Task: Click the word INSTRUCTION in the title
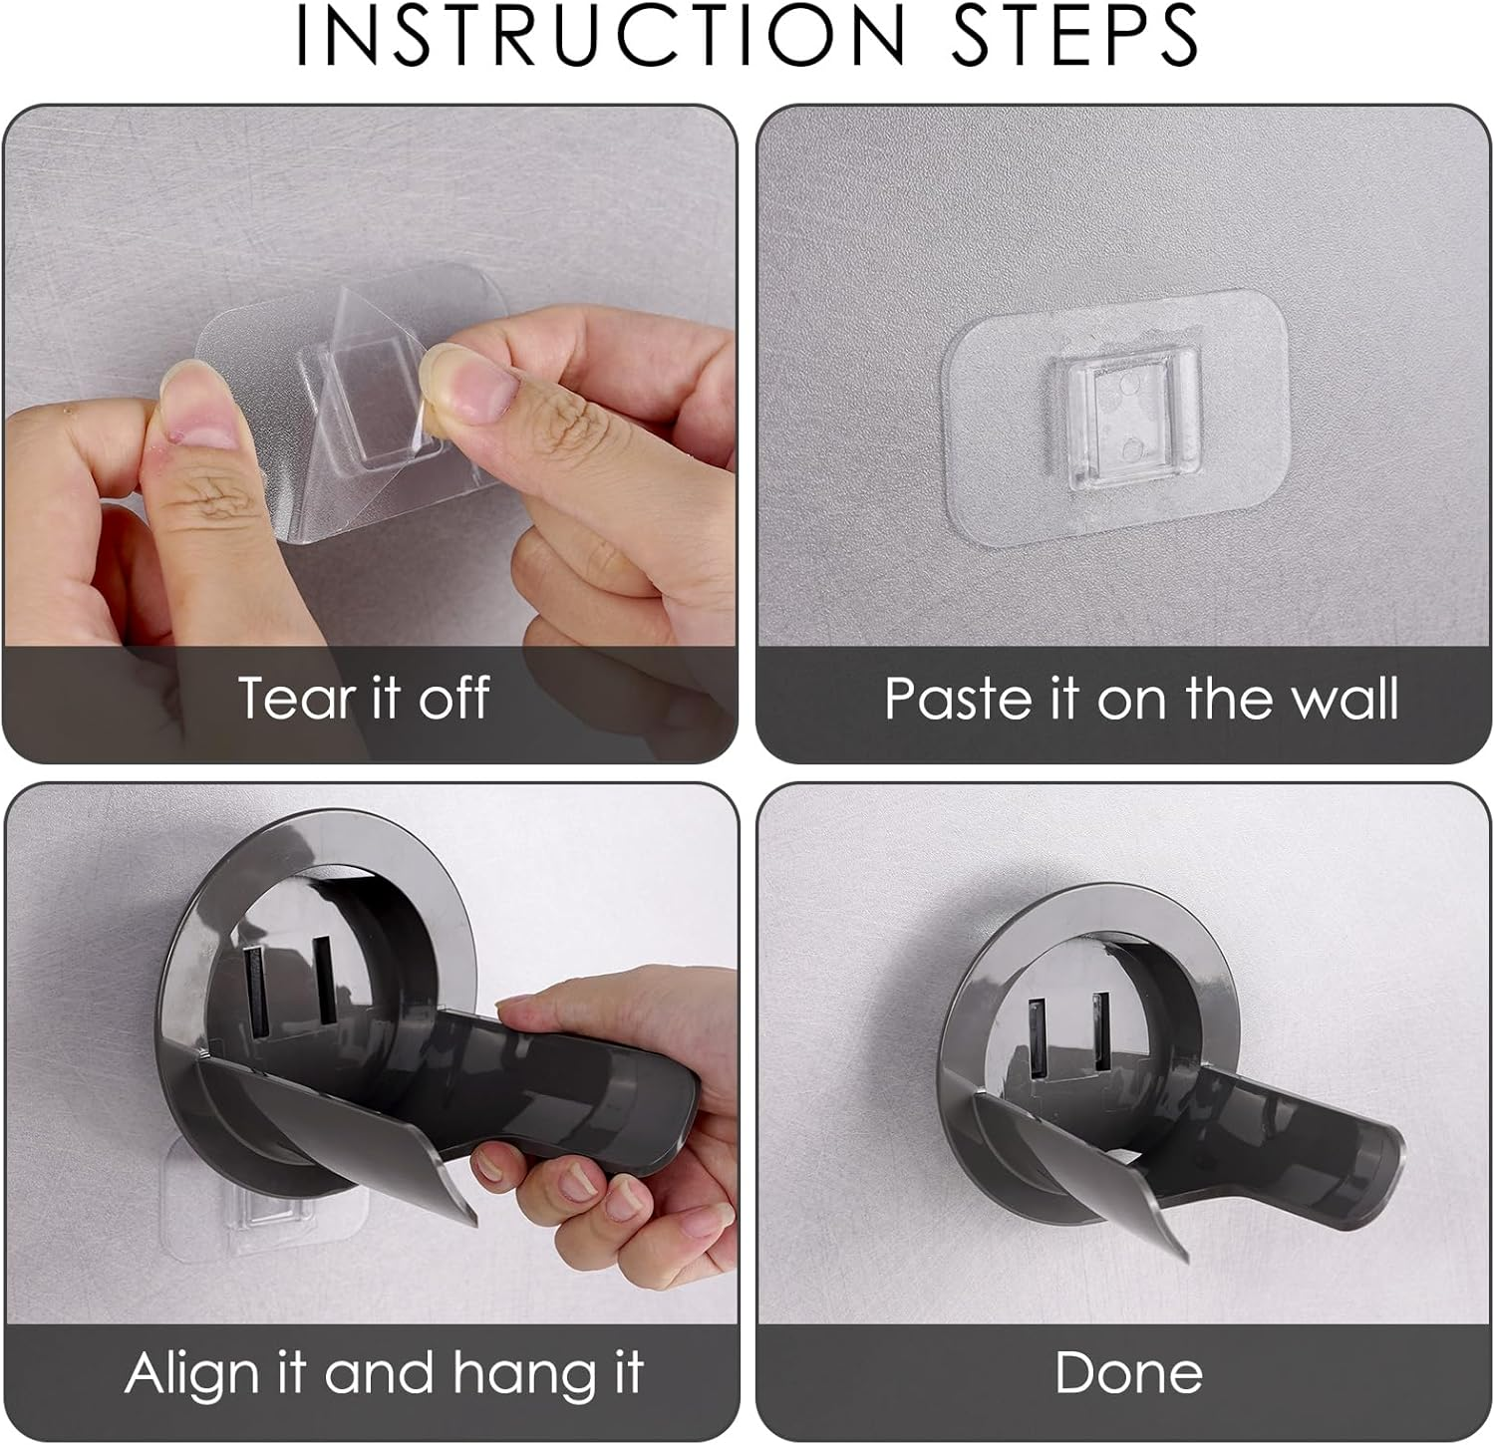click(x=599, y=35)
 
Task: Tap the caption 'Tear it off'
click(x=364, y=698)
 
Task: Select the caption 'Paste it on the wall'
click(x=1141, y=698)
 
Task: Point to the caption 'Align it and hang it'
click(x=384, y=1373)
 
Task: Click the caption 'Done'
click(x=1128, y=1373)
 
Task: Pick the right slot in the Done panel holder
click(x=1100, y=1032)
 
